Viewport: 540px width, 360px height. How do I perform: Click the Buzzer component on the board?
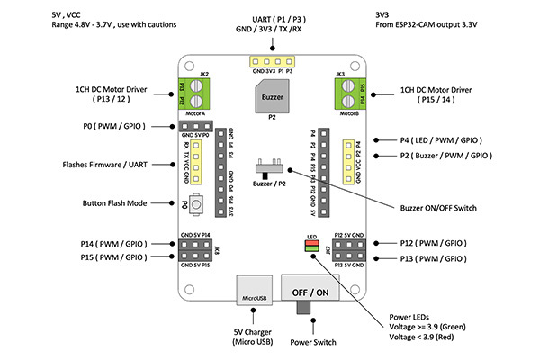pos(271,96)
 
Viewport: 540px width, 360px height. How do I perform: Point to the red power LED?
pos(311,244)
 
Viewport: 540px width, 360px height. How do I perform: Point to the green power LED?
pos(311,251)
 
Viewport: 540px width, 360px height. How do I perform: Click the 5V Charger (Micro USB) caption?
pos(251,336)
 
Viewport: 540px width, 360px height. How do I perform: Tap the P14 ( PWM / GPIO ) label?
pos(112,243)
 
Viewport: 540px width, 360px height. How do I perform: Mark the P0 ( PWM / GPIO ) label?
pos(112,127)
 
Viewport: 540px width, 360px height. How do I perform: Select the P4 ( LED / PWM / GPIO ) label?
pos(440,141)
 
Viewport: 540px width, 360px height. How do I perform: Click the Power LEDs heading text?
pos(414,316)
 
